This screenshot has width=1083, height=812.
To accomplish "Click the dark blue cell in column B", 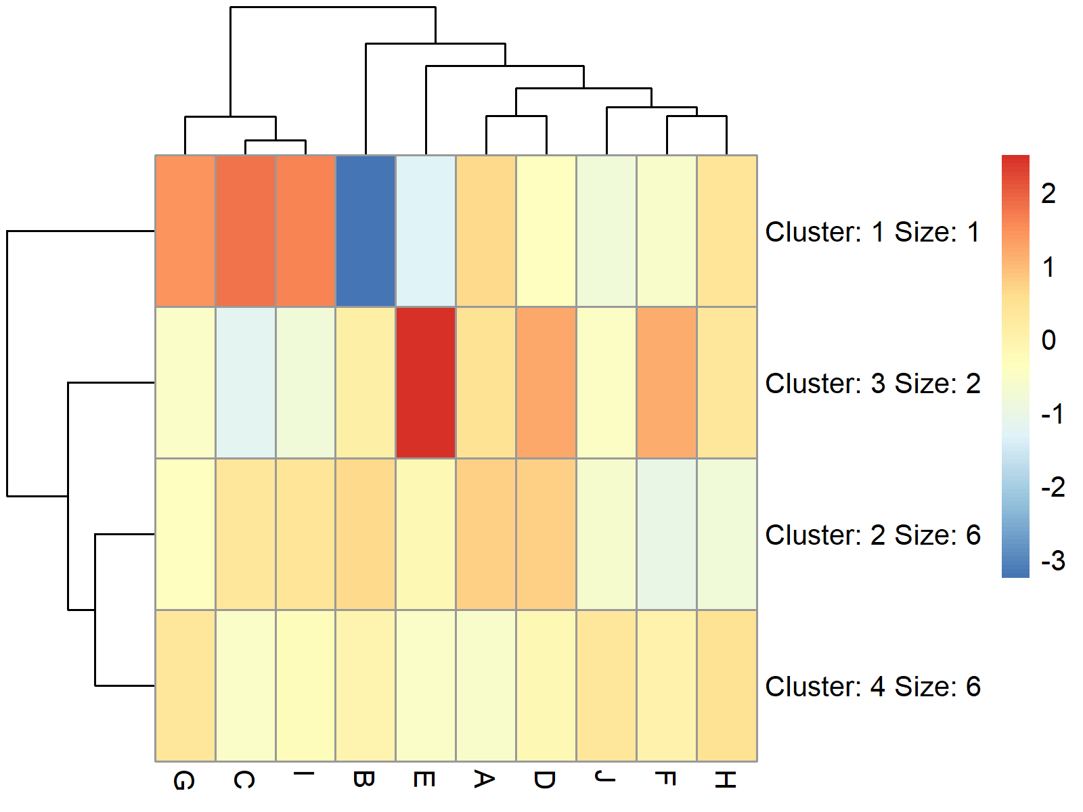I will (x=366, y=231).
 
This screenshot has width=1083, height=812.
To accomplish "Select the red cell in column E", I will (x=426, y=383).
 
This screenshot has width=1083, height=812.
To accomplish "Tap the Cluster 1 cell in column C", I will (x=245, y=231).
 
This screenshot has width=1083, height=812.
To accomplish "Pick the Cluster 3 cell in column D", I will (x=546, y=383).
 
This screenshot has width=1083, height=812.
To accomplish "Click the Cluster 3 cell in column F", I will (x=667, y=383).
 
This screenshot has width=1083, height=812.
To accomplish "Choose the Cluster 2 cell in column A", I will (x=486, y=535).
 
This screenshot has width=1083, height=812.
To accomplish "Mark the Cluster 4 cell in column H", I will (x=727, y=686).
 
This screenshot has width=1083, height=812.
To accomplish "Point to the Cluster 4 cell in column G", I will (x=185, y=686).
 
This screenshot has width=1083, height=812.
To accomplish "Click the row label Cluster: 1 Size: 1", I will (x=872, y=232).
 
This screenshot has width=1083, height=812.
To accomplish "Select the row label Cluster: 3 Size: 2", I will (x=872, y=384).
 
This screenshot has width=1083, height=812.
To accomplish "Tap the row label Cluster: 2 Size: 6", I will (x=872, y=535).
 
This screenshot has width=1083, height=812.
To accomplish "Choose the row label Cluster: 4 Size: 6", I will (x=872, y=687).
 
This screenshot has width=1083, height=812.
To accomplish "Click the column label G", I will (x=184, y=780).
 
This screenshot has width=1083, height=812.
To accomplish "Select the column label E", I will (x=424, y=780).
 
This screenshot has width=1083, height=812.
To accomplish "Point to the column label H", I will (x=725, y=780).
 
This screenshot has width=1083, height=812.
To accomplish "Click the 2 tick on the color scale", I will (x=1048, y=194).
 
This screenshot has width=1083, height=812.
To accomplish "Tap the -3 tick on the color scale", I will (x=1053, y=561).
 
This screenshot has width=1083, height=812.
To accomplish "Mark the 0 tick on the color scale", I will (x=1048, y=340).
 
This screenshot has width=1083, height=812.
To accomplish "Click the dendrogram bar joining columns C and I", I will (x=275, y=141).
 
